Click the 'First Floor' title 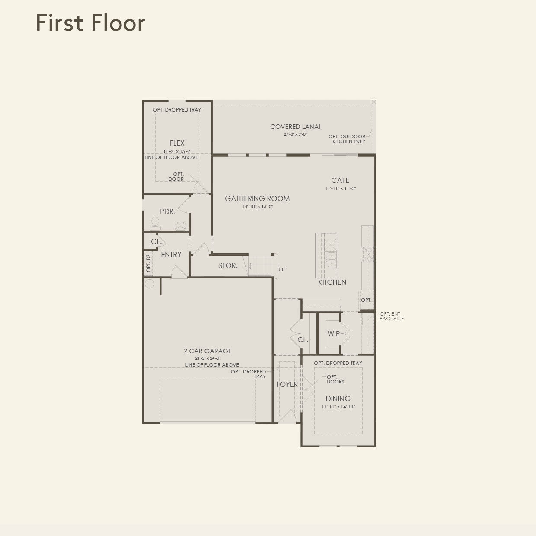[90, 23]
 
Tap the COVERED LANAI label [295, 127]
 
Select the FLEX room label [177, 143]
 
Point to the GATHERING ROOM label [257, 198]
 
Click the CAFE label [340, 180]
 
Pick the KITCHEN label [332, 282]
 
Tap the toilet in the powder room [155, 223]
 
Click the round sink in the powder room [180, 226]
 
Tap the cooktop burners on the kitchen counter [367, 254]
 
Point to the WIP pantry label [333, 334]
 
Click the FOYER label [287, 384]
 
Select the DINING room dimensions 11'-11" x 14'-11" [338, 407]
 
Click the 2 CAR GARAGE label [207, 351]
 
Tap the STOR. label [228, 266]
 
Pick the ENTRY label [171, 255]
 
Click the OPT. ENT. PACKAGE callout [391, 316]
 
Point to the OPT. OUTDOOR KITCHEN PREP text [347, 139]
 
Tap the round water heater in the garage [150, 284]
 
